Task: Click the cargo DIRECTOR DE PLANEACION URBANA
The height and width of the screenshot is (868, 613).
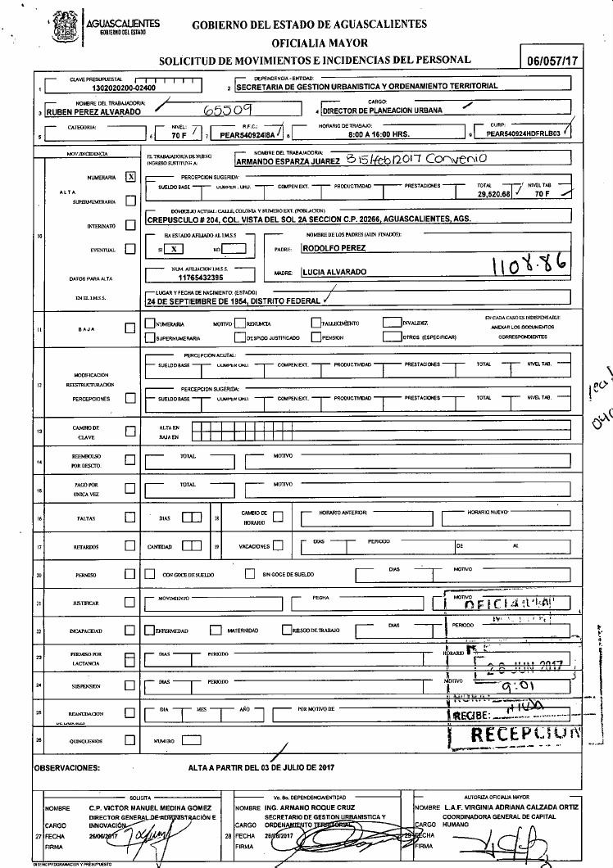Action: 383,111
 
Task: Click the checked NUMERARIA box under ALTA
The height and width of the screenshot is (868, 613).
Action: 129,176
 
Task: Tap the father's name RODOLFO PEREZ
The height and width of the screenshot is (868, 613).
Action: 334,246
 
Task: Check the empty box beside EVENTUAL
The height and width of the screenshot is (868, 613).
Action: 129,250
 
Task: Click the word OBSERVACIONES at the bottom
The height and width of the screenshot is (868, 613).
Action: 66,768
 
